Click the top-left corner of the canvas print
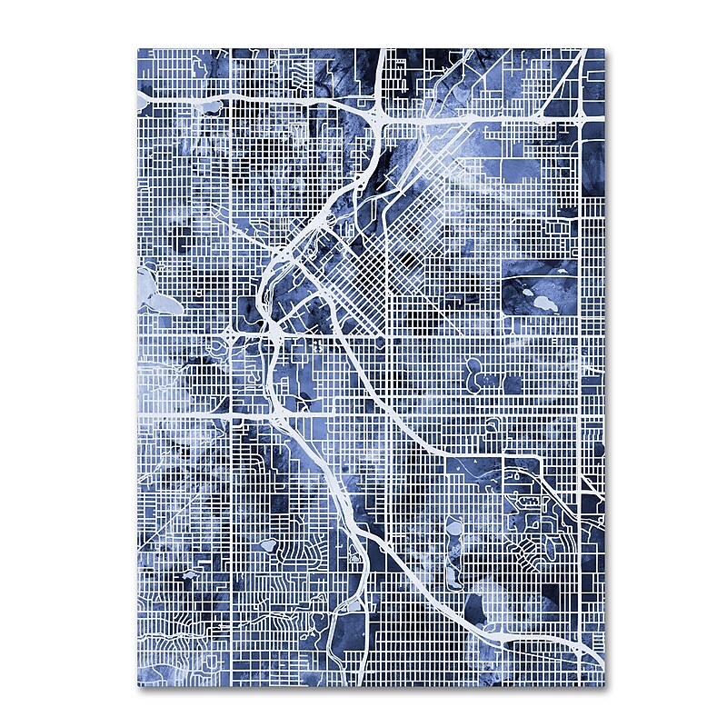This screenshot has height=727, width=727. tap(139, 49)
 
